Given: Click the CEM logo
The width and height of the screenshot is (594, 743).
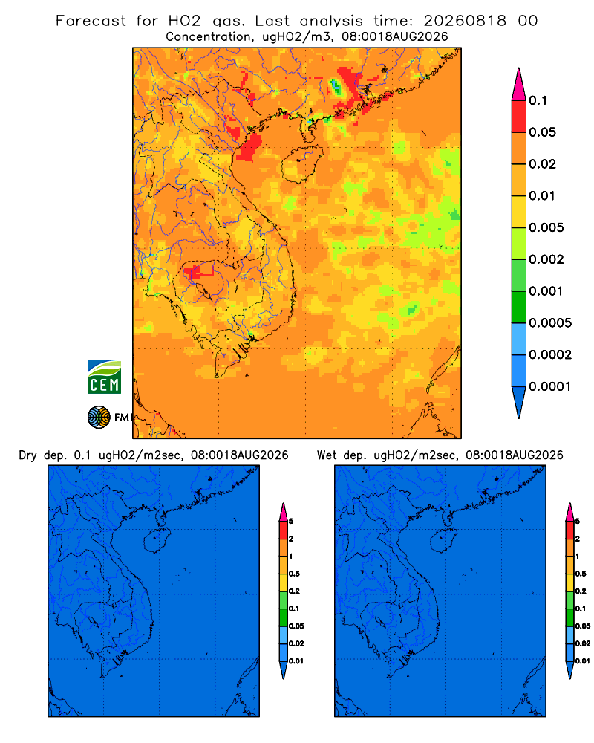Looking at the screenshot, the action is tap(104, 377).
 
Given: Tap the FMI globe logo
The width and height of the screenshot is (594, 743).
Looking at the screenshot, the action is tap(99, 418).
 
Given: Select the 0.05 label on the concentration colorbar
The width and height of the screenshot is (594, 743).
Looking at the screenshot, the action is tap(542, 132).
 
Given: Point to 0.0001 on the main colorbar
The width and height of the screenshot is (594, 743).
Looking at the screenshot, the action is tap(550, 386).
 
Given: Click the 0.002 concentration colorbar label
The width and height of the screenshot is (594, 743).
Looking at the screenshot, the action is tap(546, 259).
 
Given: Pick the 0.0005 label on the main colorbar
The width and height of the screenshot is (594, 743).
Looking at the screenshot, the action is tap(550, 322).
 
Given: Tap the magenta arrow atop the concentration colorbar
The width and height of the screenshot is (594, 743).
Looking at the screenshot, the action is tap(519, 85).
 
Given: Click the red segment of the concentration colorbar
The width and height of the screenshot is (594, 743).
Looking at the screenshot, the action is tap(519, 117).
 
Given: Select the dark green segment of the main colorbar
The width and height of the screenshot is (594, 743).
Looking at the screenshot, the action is tap(519, 307).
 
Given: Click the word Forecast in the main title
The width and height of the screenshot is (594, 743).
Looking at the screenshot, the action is tap(91, 21).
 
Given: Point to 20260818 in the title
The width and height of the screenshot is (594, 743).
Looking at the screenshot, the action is tap(465, 21).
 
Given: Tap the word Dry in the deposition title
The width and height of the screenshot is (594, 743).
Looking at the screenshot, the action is tap(28, 456).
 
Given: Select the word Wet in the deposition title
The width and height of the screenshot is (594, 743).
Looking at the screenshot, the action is tap(326, 455).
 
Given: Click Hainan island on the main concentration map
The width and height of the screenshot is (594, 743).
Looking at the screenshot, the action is tap(302, 164).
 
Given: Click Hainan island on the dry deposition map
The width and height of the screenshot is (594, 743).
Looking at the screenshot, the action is tap(157, 541).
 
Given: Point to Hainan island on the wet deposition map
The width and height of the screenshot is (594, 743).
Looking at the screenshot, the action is tap(444, 541).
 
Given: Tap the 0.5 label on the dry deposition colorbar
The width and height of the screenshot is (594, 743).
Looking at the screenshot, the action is tap(294, 574).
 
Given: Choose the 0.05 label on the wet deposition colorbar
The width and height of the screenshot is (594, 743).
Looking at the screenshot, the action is tap(583, 626).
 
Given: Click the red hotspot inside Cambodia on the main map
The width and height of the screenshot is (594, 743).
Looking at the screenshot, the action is tap(199, 271).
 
